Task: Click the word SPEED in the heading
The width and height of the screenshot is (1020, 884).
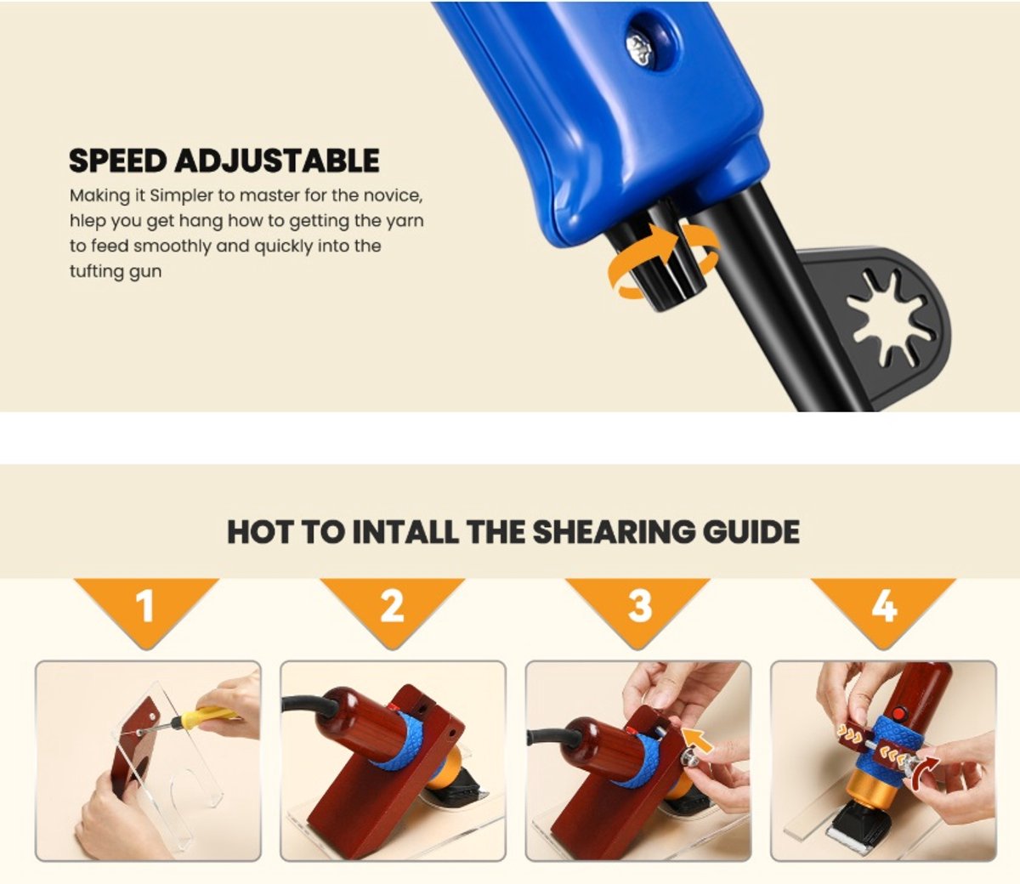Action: tap(117, 161)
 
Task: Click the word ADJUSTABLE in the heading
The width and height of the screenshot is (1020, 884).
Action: tap(277, 161)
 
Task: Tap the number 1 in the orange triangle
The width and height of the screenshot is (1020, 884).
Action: tap(145, 606)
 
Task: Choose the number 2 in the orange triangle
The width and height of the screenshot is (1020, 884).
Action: tap(393, 606)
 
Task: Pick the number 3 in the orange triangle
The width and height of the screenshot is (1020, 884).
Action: tap(639, 606)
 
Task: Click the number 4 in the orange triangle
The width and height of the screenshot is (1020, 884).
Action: tap(884, 606)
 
